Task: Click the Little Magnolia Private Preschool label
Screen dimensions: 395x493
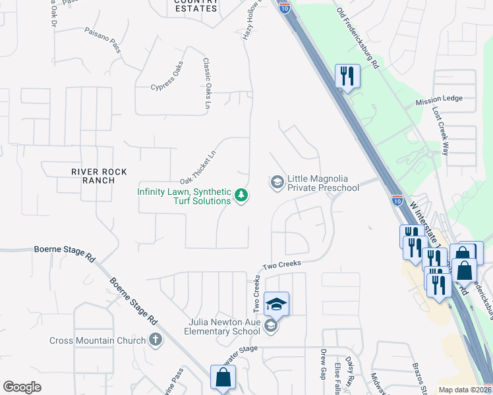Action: tap(323, 183)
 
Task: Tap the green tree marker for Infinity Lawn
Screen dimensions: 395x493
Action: tap(241, 196)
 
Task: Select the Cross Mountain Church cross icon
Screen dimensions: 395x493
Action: tap(155, 340)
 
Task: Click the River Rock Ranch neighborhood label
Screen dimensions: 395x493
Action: tap(100, 176)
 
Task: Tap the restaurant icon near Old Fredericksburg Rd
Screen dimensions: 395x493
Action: tap(347, 76)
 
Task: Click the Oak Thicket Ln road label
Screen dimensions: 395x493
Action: tap(198, 168)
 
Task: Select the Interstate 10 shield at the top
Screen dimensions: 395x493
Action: tap(284, 7)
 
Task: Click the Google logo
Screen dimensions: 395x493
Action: tap(22, 387)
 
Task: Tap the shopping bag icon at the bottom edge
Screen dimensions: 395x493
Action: tap(223, 378)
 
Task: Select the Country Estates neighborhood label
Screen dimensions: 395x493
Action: tap(196, 6)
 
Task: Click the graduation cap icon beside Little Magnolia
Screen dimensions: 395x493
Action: tap(277, 181)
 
